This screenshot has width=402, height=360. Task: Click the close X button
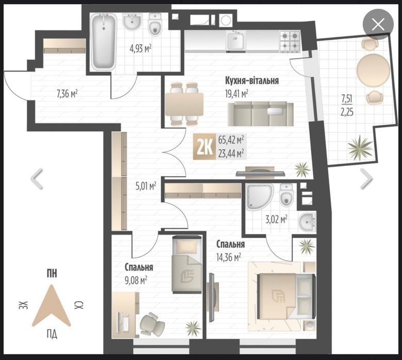pos(378,25)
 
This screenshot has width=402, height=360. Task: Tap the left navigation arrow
pos(37,179)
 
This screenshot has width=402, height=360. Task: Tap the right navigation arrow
pos(366,179)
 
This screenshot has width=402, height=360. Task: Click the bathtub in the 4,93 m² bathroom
pos(104,42)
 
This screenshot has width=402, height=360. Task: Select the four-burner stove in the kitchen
pos(290,42)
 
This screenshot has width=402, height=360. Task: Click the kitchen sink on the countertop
pos(236,41)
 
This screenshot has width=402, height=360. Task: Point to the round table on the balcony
pos(373,70)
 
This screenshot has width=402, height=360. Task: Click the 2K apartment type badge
pos(204,147)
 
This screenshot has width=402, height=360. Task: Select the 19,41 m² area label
pos(237,94)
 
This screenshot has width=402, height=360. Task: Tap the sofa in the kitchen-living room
pos(260,114)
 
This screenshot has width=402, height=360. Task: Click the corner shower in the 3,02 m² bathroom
pos(259,197)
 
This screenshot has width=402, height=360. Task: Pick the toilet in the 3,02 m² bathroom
pos(287,195)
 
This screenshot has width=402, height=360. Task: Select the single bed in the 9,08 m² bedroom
pos(187,264)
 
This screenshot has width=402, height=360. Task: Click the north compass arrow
pos(52,306)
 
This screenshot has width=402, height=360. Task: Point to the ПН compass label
pos(52,274)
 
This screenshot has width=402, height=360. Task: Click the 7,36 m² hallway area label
pos(67,94)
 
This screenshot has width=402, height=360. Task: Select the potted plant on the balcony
pos(360,147)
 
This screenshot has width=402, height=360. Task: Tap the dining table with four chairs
pos(185,104)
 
